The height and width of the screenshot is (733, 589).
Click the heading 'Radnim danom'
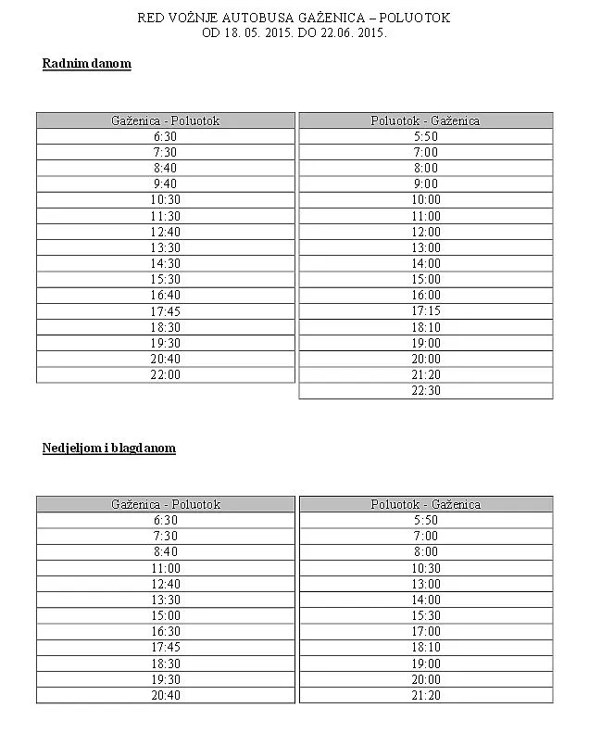(86, 64)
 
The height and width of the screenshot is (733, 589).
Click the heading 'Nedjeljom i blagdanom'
(108, 449)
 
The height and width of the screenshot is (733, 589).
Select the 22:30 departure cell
(426, 391)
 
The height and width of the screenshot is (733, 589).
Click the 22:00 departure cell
(166, 375)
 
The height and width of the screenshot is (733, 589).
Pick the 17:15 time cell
(426, 311)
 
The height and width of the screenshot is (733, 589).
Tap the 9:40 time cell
(166, 184)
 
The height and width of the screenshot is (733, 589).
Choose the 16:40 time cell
(166, 296)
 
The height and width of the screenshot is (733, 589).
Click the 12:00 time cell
(426, 233)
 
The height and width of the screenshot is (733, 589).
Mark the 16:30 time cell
(166, 632)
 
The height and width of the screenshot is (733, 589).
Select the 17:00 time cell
(426, 632)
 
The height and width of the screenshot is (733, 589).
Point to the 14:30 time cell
(166, 264)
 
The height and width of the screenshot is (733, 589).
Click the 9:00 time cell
(426, 184)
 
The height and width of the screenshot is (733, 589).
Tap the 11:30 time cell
(166, 217)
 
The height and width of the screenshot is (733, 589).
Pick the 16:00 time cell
(426, 296)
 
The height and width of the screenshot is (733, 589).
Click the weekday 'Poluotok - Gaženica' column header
(426, 120)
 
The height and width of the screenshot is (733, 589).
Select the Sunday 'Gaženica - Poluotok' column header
(166, 504)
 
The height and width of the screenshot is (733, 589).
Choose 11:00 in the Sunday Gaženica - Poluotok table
(166, 568)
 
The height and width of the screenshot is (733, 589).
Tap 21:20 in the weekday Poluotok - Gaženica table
(426, 375)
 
